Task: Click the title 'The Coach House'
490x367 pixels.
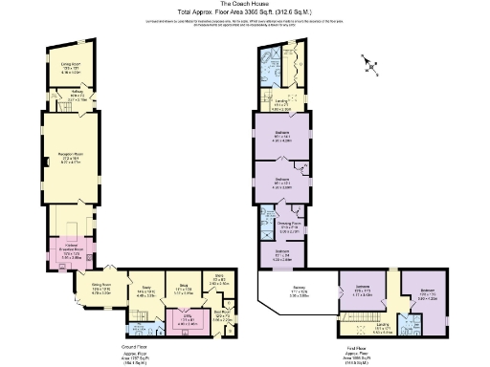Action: tap(244, 5)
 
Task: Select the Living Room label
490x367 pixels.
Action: tap(63, 67)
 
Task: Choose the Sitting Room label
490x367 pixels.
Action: tap(101, 287)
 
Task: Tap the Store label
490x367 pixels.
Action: tap(218, 280)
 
